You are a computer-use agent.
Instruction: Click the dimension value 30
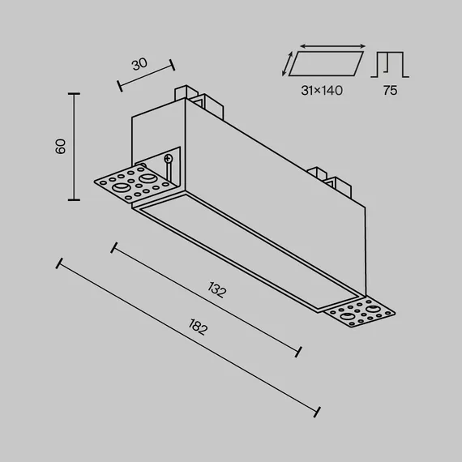click(x=139, y=64)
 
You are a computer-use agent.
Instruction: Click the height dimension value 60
click(x=61, y=147)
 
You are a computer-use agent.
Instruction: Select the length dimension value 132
click(x=217, y=289)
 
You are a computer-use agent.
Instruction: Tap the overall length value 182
click(x=198, y=327)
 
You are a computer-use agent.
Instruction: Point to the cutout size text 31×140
click(x=322, y=91)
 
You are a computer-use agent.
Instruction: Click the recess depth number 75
click(x=390, y=91)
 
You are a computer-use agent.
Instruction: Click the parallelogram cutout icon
click(x=326, y=64)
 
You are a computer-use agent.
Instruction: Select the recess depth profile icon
click(x=390, y=65)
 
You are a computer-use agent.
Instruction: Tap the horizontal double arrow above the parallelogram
click(x=332, y=46)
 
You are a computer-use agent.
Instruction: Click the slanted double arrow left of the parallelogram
click(x=287, y=64)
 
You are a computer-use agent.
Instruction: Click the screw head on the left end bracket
click(x=169, y=159)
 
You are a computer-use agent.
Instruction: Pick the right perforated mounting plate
click(x=360, y=312)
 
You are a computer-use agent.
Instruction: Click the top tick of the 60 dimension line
click(x=74, y=94)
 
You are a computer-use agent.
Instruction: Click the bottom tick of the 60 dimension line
click(x=74, y=199)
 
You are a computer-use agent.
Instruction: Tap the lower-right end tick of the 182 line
click(x=317, y=412)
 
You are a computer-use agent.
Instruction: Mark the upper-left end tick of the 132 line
click(x=114, y=248)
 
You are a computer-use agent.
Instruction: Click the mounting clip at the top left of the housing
click(x=199, y=101)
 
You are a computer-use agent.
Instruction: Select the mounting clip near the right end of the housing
click(x=329, y=182)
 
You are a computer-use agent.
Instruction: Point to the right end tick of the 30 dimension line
click(x=172, y=65)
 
